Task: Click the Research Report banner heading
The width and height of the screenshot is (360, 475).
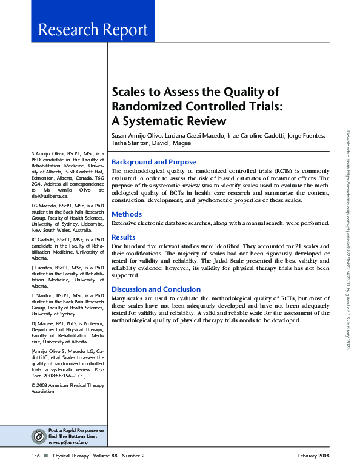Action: pos(93,30)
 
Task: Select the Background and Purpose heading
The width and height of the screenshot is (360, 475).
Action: pos(154,162)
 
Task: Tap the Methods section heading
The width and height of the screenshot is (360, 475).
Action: pos(127,214)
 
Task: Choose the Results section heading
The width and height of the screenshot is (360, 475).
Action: pos(124,237)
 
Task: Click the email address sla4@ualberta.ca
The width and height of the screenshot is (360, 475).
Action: pos(49,197)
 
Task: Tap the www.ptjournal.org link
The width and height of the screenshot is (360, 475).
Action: pos(68,442)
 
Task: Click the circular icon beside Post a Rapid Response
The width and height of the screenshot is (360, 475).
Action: pos(38,435)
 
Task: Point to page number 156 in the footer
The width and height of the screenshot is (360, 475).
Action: pos(36,456)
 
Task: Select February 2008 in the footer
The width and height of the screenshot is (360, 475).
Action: pos(313,456)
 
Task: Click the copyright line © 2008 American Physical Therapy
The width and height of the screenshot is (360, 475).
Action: pos(65,385)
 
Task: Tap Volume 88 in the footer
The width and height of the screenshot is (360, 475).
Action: pos(101,456)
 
